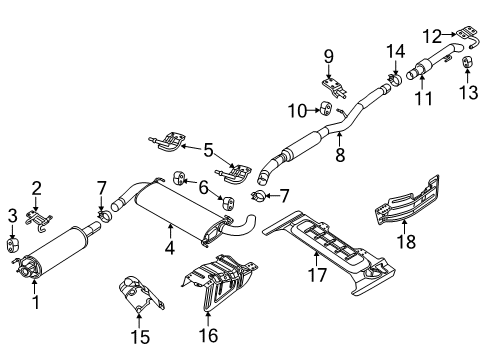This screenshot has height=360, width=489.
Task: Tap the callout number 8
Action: pyautogui.click(x=341, y=155)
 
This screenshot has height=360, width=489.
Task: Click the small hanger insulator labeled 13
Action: pyautogui.click(x=467, y=66)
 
